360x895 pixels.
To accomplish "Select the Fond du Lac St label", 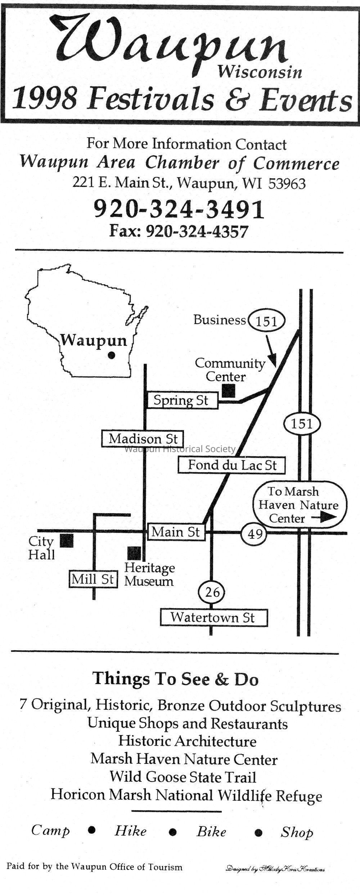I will [x=232, y=465].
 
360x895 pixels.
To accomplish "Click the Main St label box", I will [x=176, y=532].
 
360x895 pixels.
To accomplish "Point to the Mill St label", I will [x=93, y=579].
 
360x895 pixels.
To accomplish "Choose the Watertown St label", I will [x=213, y=618].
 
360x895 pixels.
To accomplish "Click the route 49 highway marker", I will [x=254, y=533].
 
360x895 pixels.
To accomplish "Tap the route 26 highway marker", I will [x=212, y=592].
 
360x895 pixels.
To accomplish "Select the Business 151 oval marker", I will [x=267, y=320].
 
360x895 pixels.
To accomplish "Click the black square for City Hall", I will [x=67, y=541].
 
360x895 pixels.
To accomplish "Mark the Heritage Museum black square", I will [x=134, y=553].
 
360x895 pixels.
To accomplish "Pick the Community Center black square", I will [x=229, y=391].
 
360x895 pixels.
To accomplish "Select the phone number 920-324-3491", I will [x=179, y=210].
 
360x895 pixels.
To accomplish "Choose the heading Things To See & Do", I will [x=176, y=679].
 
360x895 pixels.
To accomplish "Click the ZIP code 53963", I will [x=287, y=184].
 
